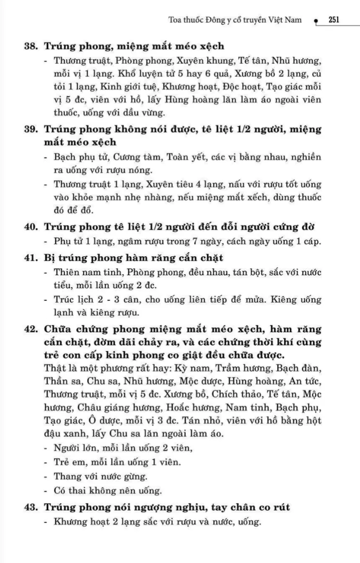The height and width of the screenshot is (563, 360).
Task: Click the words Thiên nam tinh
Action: tap(84, 272)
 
